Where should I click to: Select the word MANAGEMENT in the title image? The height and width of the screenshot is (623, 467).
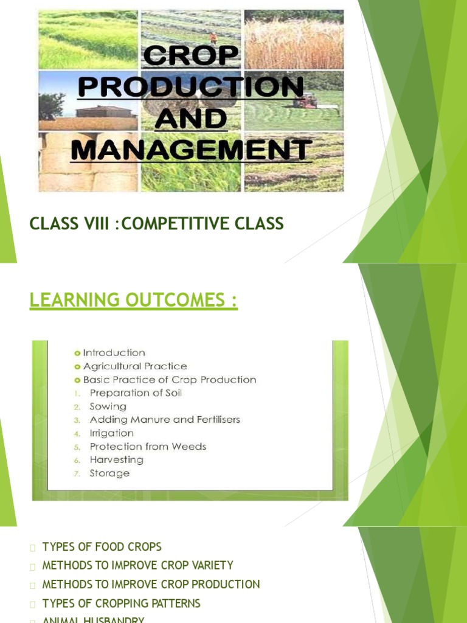coord(191,148)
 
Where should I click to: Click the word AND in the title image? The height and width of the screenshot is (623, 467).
coord(191,119)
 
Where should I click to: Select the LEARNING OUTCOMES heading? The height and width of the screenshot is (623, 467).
coord(133,300)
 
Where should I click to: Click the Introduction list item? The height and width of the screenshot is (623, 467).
coord(114,353)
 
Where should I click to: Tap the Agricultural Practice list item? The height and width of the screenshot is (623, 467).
coord(134,366)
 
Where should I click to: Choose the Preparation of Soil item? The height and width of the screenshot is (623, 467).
coord(136,393)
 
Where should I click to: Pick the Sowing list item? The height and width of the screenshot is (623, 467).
coord(108,406)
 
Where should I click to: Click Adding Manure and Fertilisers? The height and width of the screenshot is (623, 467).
coord(165,420)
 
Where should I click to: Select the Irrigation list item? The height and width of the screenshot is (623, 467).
coord(111,433)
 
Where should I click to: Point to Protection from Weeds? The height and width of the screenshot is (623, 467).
coord(148,447)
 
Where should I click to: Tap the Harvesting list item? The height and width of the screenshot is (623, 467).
coord(116,460)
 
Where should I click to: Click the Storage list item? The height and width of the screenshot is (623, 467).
coord(109,473)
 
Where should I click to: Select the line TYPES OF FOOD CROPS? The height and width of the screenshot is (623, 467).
coord(102,547)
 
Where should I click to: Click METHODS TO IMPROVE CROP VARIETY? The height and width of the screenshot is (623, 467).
coord(137,566)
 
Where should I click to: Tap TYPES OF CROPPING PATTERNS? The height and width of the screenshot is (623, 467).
coord(121,604)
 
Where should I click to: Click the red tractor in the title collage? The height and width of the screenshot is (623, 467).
coord(304,101)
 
